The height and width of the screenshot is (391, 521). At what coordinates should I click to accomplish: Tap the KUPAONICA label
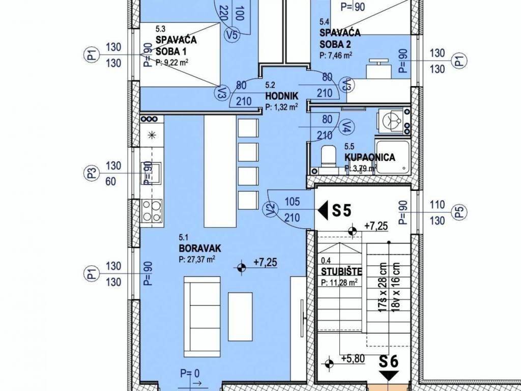[x=370, y=157]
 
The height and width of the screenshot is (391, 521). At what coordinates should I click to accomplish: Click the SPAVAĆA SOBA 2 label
[x=340, y=38]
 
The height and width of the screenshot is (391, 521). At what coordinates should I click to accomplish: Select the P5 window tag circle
[x=459, y=212]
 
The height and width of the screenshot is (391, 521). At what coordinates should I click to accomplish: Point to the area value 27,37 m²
[x=197, y=259]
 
